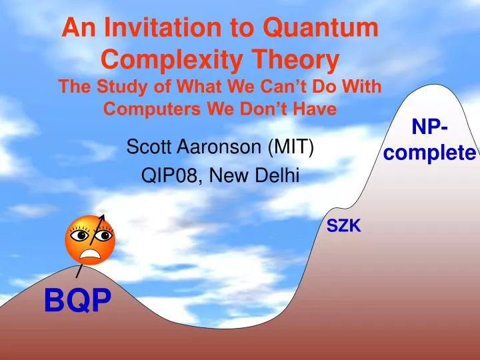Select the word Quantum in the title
tap(319, 29)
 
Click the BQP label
tap(77, 301)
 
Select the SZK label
tap(344, 227)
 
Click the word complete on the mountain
tap(429, 153)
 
